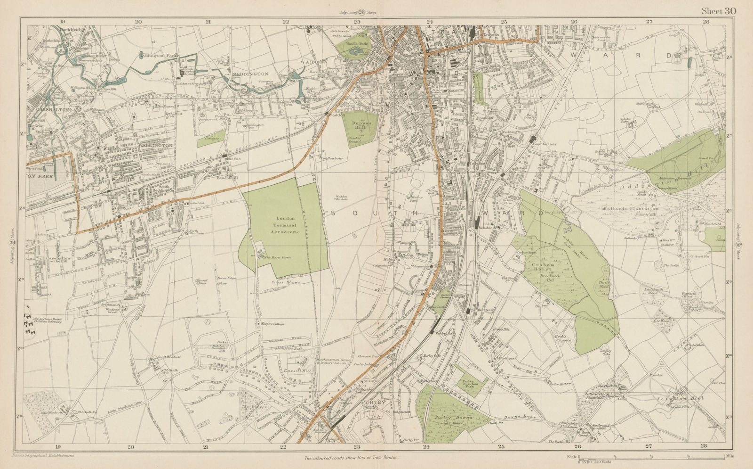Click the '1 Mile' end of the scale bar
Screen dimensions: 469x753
click(723, 457)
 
